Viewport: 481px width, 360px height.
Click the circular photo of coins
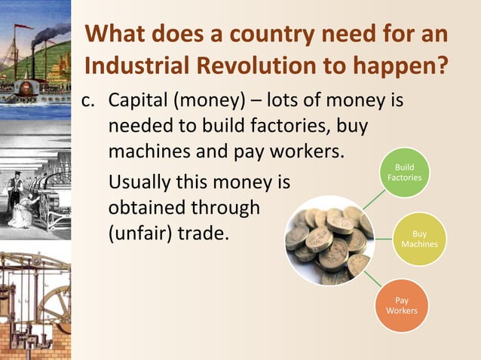pyautogui.click(x=328, y=239)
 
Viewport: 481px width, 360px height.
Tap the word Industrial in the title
pyautogui.click(x=133, y=66)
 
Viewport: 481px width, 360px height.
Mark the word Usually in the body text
pyautogui.click(x=141, y=182)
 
